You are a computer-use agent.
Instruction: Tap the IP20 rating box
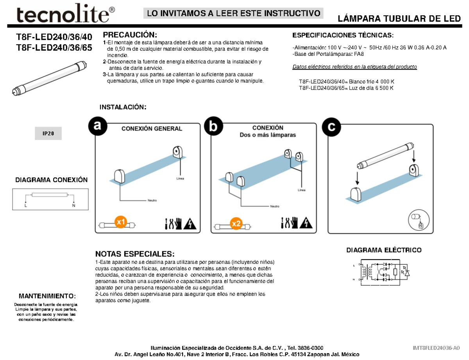coord(48,134)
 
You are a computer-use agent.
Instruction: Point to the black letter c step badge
coord(331,127)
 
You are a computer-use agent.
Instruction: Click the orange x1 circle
coord(121,222)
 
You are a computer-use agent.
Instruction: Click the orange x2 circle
coord(236,223)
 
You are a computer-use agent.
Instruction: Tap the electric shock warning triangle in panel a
coord(190,223)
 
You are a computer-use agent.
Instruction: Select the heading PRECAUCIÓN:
coord(130,35)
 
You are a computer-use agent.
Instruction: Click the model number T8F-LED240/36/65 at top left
coord(54,48)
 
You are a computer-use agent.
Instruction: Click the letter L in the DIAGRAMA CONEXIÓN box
coord(25,205)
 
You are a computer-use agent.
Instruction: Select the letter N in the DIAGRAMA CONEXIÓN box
coord(73,205)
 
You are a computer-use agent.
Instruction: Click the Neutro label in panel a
coord(152,201)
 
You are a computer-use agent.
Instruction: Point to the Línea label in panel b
coord(301,190)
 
